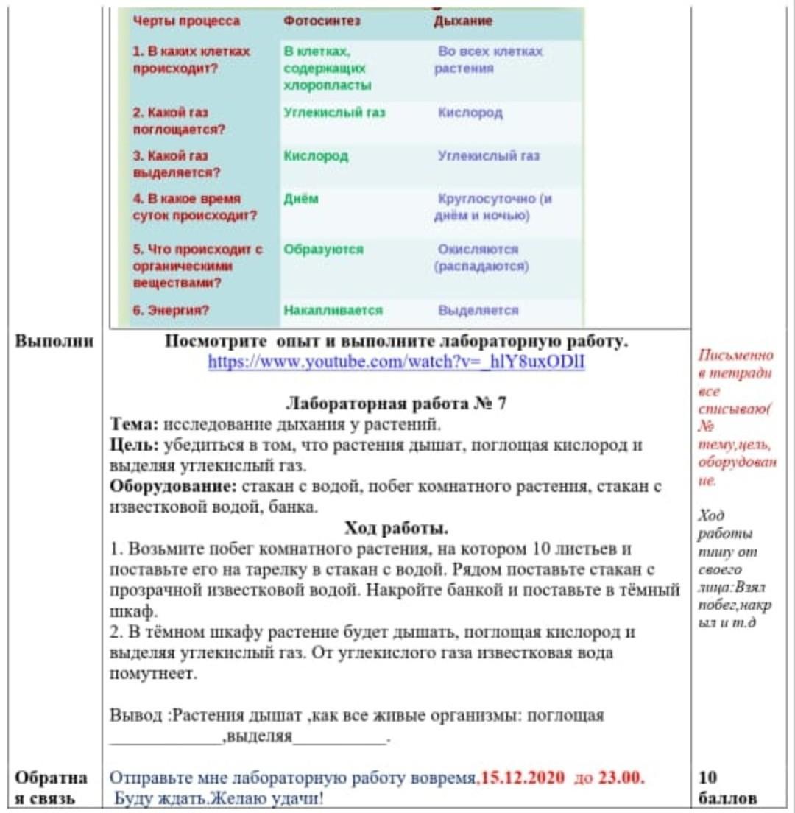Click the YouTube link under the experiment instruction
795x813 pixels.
click(396, 362)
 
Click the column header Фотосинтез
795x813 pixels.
click(322, 21)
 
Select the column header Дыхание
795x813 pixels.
click(463, 21)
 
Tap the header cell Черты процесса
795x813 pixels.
click(186, 21)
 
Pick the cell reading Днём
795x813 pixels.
click(301, 200)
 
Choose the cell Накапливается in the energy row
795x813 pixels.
click(333, 310)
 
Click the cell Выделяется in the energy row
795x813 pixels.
click(478, 310)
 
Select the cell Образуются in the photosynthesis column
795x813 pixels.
click(323, 249)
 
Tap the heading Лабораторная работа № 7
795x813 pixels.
click(396, 404)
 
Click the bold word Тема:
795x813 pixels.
click(134, 425)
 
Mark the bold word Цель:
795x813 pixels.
click(133, 446)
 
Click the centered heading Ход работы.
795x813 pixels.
click(396, 529)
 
